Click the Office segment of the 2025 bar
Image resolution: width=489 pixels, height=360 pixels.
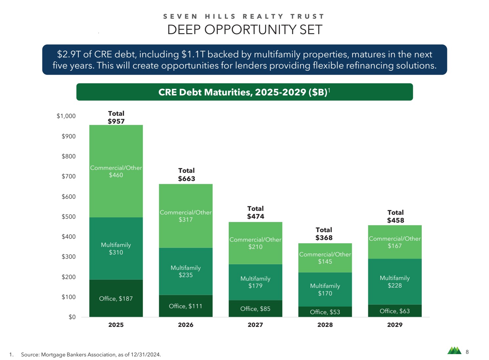[116, 298]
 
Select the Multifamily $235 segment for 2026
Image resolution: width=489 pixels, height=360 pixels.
[186, 271]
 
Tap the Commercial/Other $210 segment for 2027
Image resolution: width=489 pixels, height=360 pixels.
[255, 243]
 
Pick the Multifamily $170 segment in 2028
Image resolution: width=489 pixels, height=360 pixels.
[325, 290]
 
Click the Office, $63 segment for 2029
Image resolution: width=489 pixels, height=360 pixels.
[394, 311]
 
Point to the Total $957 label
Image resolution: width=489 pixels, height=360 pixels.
[116, 117]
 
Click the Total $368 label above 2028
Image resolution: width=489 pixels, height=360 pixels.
[324, 234]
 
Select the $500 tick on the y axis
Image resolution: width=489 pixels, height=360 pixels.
[69, 217]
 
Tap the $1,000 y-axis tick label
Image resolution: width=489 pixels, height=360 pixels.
[66, 116]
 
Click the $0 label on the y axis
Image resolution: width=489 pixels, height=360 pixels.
[72, 317]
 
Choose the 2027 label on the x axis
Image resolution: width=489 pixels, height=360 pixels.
[255, 325]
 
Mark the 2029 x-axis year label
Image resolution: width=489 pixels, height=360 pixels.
[394, 325]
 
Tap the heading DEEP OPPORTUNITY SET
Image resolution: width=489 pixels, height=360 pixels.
[244, 30]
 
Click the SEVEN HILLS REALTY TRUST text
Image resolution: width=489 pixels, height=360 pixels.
[244, 16]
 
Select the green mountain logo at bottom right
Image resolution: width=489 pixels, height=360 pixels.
[454, 351]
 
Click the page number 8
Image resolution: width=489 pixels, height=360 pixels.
[467, 352]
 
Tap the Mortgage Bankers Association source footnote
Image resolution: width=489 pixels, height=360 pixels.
[91, 354]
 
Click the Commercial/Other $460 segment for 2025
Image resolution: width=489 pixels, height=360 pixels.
[116, 171]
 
